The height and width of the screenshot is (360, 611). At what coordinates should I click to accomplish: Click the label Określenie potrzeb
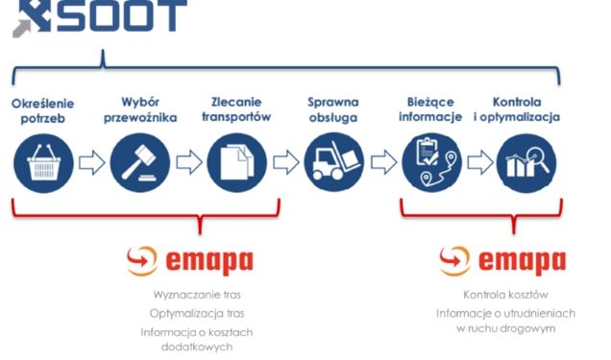pyautogui.click(x=43, y=109)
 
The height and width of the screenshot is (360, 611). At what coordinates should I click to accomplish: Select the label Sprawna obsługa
pyautogui.click(x=333, y=109)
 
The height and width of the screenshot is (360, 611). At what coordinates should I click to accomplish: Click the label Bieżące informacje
pyautogui.click(x=430, y=109)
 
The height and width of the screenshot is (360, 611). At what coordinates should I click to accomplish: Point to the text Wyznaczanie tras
pyautogui.click(x=191, y=295)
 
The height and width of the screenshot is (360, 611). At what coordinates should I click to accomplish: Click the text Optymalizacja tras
pyautogui.click(x=191, y=313)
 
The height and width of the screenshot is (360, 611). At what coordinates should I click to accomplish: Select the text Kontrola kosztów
pyautogui.click(x=505, y=295)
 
